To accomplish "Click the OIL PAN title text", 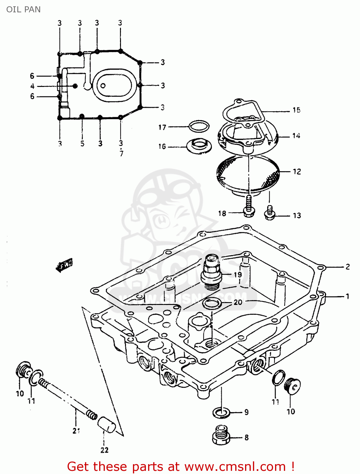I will [x=23, y=9].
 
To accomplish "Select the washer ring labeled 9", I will [x=221, y=412].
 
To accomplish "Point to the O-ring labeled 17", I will [x=199, y=127].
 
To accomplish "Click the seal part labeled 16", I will [x=199, y=146].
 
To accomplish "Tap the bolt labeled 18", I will [x=249, y=207].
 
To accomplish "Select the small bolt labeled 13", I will [x=270, y=213].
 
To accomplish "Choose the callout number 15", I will [x=296, y=110].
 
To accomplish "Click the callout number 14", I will [x=296, y=136].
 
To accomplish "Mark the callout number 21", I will [x=76, y=431].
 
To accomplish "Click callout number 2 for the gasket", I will [x=347, y=267].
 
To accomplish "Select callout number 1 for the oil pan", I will [x=347, y=296].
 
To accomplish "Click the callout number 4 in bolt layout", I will [x=32, y=86].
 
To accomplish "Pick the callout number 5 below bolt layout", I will [x=82, y=143].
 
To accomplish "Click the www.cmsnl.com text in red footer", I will [x=235, y=466].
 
